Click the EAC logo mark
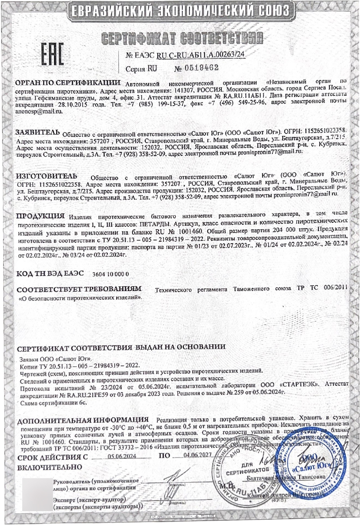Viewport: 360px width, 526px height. (52, 54)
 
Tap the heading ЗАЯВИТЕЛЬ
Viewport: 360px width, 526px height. (37, 132)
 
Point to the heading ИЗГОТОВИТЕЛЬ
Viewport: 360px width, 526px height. (47, 176)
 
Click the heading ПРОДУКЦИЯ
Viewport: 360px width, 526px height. (40, 216)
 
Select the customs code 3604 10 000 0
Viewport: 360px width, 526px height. (110, 274)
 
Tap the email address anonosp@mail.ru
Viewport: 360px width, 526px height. (39, 111)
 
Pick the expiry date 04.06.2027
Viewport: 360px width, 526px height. (197, 455)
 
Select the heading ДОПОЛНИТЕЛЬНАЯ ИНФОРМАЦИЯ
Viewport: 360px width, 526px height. (83, 420)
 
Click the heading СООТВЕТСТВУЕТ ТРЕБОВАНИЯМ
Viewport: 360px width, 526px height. (79, 289)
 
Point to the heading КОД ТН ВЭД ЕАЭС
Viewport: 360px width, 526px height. (50, 274)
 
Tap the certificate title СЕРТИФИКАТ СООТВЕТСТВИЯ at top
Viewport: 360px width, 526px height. (182, 38)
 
